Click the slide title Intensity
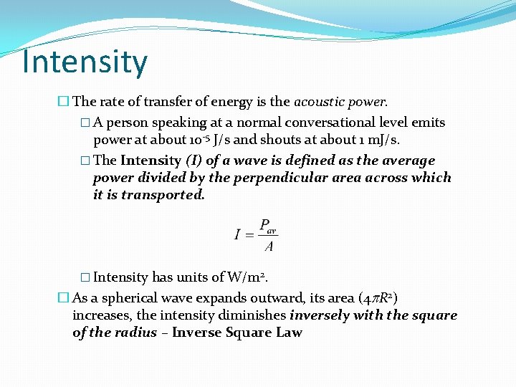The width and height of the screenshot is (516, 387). [x=85, y=62]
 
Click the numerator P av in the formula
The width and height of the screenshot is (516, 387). [x=267, y=224]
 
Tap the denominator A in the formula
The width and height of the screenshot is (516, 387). [x=268, y=247]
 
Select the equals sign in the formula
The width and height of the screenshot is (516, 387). [x=249, y=235]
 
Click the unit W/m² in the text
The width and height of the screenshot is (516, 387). [x=247, y=277]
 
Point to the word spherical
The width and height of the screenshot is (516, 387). [x=131, y=298]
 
